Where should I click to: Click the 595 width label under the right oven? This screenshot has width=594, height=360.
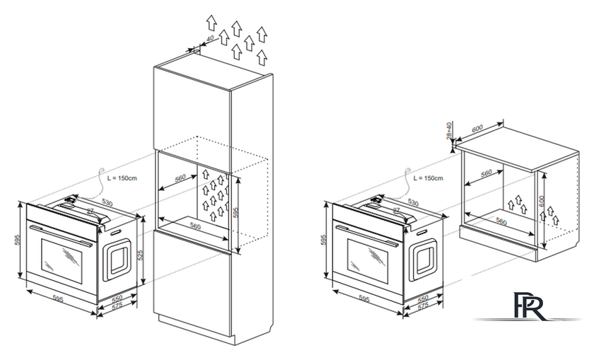(364, 298)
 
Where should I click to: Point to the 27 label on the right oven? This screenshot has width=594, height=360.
(396, 211)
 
